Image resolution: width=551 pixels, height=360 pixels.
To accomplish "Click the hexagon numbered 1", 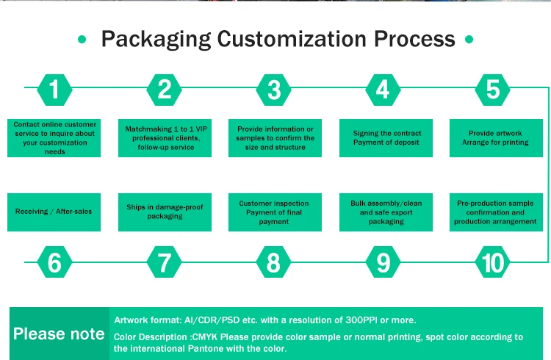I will click(54, 90).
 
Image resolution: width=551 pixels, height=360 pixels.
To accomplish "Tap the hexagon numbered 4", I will click(383, 90).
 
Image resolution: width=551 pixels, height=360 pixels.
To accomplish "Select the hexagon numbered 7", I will click(165, 262).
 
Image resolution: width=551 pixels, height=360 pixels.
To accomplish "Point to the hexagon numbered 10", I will click(492, 262).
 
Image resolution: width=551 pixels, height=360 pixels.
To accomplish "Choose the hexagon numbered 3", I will click(274, 90).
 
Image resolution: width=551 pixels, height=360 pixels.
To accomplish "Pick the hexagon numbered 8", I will click(273, 262).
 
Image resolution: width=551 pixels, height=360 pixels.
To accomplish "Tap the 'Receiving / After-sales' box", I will click(54, 212).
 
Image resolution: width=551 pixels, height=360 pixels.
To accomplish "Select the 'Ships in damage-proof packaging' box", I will click(165, 212).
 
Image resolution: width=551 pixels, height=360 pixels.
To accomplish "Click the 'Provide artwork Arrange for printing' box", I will click(495, 137).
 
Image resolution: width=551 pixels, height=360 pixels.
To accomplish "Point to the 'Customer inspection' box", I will click(274, 212).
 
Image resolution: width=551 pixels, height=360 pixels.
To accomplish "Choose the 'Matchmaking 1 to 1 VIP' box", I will click(165, 137).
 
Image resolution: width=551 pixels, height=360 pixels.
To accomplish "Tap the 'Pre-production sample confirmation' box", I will click(495, 212).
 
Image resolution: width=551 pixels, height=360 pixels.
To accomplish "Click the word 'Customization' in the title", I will click(289, 38).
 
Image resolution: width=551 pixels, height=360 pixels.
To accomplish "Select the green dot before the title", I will click(82, 39).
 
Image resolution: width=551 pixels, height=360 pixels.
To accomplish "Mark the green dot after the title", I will click(468, 39).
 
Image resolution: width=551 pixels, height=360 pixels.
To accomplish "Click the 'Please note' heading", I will click(59, 334).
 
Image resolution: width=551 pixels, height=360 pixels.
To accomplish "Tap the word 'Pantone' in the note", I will click(226, 348).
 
